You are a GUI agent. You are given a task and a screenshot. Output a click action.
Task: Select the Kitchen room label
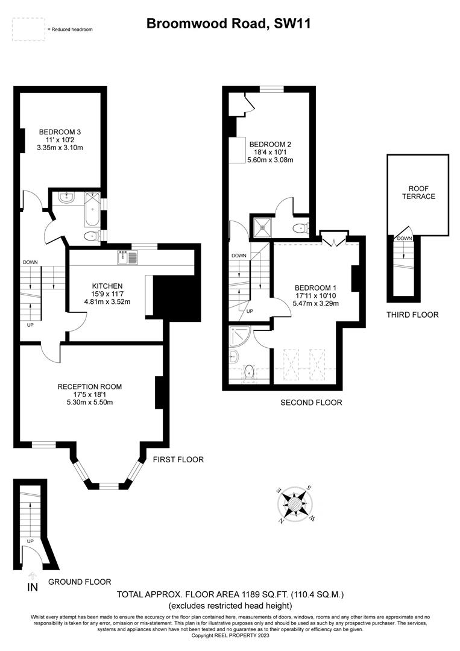pyautogui.click(x=107, y=286)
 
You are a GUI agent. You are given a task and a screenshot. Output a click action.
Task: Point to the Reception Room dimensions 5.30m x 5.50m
pyautogui.click(x=90, y=403)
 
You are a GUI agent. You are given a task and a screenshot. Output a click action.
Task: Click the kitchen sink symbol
pyautogui.click(x=128, y=257)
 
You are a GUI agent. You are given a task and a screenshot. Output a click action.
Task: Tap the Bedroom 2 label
pyautogui.click(x=271, y=144)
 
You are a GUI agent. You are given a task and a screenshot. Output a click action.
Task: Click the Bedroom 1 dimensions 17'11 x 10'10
pyautogui.click(x=316, y=295)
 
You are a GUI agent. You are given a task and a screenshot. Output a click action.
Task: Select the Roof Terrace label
pyautogui.click(x=418, y=192)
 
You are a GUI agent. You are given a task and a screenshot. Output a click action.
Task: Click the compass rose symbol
pyautogui.click(x=295, y=503)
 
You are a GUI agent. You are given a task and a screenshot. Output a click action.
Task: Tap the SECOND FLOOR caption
pyautogui.click(x=311, y=403)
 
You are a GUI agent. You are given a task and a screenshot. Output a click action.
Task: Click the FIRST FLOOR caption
pyautogui.click(x=178, y=459)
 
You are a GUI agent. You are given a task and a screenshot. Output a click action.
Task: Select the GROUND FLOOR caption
pyautogui.click(x=80, y=582)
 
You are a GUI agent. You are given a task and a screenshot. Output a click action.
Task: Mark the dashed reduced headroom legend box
pyautogui.click(x=28, y=29)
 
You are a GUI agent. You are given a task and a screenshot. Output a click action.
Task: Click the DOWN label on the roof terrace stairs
pyautogui.click(x=404, y=239)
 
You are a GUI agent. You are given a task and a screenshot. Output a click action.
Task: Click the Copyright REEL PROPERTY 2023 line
pyautogui.click(x=230, y=635)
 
